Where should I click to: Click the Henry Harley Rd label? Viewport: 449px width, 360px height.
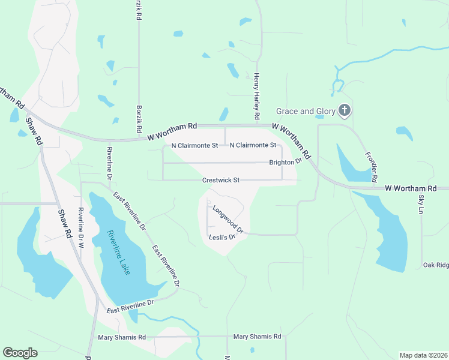(256, 96)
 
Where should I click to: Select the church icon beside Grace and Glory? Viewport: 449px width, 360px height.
(344, 110)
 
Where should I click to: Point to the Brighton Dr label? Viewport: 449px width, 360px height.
(285, 163)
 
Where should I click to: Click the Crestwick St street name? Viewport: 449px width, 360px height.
(221, 180)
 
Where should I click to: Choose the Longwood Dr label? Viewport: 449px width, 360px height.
(228, 220)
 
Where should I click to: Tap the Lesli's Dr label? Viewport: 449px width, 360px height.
(220, 237)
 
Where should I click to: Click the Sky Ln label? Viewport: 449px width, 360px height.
(421, 204)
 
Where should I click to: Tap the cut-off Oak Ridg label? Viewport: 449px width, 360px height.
(435, 265)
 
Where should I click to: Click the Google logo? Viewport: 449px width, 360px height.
(20, 353)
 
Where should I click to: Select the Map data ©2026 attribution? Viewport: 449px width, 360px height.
(423, 355)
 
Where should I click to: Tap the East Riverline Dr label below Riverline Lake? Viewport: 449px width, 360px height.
(130, 307)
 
